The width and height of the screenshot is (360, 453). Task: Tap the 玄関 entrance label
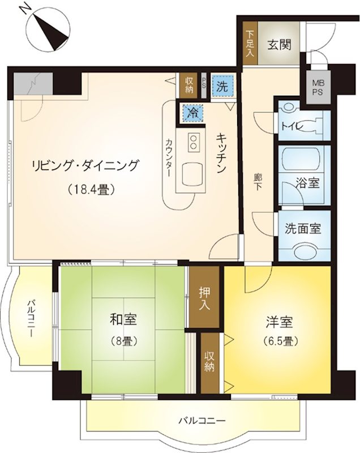coord(279,45)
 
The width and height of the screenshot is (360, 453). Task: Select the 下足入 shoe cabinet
coord(250,44)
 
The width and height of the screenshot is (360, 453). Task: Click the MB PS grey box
coord(318,88)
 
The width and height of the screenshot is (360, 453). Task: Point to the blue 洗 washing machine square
coord(222,87)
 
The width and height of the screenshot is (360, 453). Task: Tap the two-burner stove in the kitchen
coord(193,142)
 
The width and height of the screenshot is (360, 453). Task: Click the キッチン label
coord(221,153)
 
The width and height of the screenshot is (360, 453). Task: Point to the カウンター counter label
coord(169,157)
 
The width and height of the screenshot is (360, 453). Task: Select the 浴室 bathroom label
coord(307,182)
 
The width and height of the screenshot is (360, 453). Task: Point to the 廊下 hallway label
coord(257,181)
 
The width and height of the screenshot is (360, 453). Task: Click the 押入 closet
coord(204,297)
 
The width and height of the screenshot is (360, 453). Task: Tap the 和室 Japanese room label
coord(123,320)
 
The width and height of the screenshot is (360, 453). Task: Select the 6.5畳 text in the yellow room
coord(280,341)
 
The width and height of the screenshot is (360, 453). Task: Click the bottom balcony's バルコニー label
coord(201,420)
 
